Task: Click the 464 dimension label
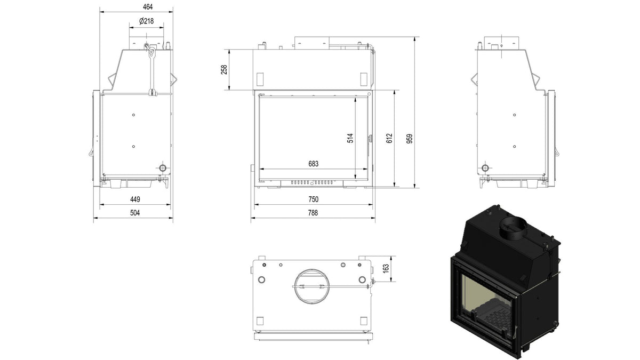148,7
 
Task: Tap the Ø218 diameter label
146,21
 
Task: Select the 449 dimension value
135,199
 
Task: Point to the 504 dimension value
135,213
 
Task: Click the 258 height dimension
224,70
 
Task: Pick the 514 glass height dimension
350,138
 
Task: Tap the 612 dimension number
389,138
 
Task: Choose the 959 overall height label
410,139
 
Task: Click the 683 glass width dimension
314,164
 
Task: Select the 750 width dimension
314,199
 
